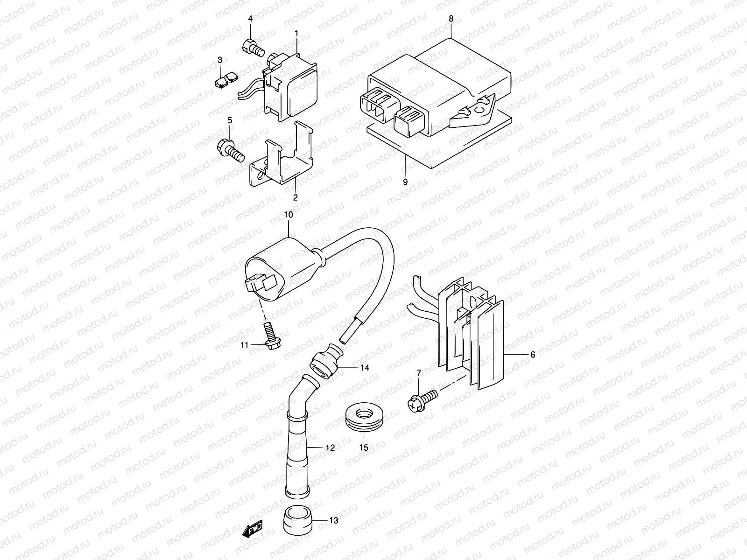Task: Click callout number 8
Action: (451, 19)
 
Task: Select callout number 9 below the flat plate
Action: (405, 182)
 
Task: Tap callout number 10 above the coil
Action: (288, 215)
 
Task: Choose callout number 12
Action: (330, 448)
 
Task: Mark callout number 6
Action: (532, 354)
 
